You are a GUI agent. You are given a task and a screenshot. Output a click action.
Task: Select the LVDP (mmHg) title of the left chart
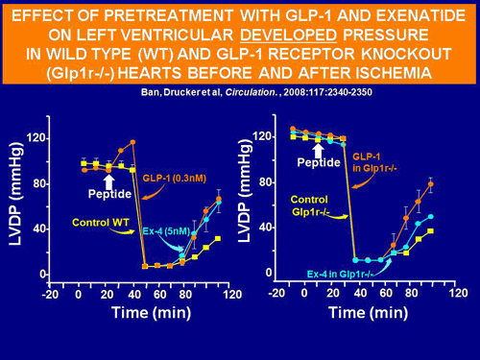coord(15,203)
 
